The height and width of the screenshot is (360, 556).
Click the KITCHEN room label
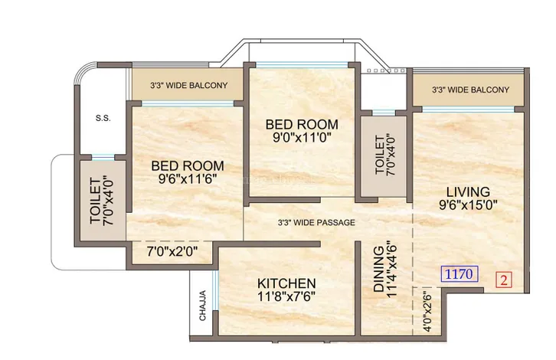286,283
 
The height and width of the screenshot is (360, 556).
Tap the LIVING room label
468,192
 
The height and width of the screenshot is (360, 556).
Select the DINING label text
378,269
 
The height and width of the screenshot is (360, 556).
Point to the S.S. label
103,119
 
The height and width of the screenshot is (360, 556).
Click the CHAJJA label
202,306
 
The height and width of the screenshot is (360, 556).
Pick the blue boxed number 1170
460,273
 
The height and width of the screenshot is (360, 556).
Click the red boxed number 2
504,280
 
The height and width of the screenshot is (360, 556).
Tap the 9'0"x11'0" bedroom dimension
302,137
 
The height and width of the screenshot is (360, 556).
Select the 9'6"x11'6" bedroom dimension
188,178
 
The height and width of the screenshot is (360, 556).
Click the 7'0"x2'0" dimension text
172,251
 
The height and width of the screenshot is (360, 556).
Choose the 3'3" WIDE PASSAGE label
316,222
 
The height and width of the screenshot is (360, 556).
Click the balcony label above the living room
470,90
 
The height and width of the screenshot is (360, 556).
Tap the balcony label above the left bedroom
188,85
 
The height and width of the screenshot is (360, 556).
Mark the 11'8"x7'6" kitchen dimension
286,296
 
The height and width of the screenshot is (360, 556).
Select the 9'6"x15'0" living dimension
468,205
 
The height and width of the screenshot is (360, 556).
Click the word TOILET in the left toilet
96,201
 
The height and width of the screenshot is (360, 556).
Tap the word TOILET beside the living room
379,155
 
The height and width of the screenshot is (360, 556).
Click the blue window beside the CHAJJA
214,290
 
